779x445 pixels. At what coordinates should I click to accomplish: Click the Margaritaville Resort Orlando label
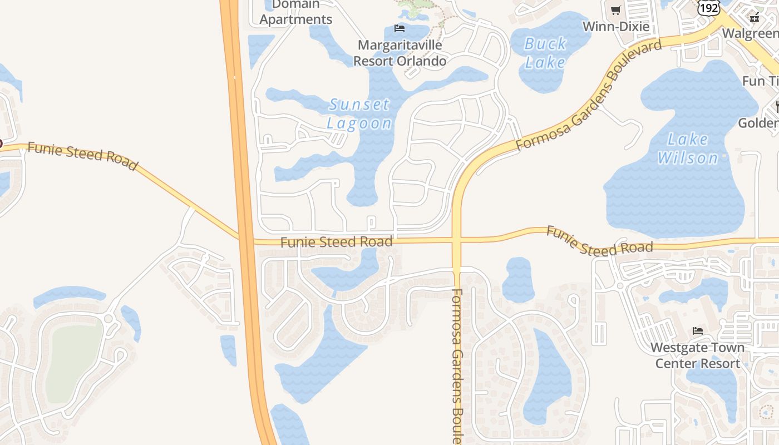pos(400,53)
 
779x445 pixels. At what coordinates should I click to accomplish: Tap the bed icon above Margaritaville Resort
pos(399,28)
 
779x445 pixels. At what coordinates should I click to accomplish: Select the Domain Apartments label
pos(296,12)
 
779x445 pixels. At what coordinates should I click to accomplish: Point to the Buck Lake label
pos(545,53)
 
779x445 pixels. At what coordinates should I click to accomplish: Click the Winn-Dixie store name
pos(615,26)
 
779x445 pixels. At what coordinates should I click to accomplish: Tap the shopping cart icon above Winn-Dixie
pos(615,10)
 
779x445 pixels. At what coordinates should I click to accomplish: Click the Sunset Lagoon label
pos(359,113)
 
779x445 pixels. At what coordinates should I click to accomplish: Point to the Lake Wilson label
pos(688,149)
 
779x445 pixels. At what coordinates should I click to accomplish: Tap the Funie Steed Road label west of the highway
pos(82,156)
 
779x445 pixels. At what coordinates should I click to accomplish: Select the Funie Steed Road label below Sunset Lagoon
pos(336,242)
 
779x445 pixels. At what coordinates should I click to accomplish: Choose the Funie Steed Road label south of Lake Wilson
pos(599,240)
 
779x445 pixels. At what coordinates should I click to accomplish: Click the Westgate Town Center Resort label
pos(697,355)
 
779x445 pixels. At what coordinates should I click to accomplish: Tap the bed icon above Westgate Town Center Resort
pos(697,331)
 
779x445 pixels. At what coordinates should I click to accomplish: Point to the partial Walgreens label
pos(750,33)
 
